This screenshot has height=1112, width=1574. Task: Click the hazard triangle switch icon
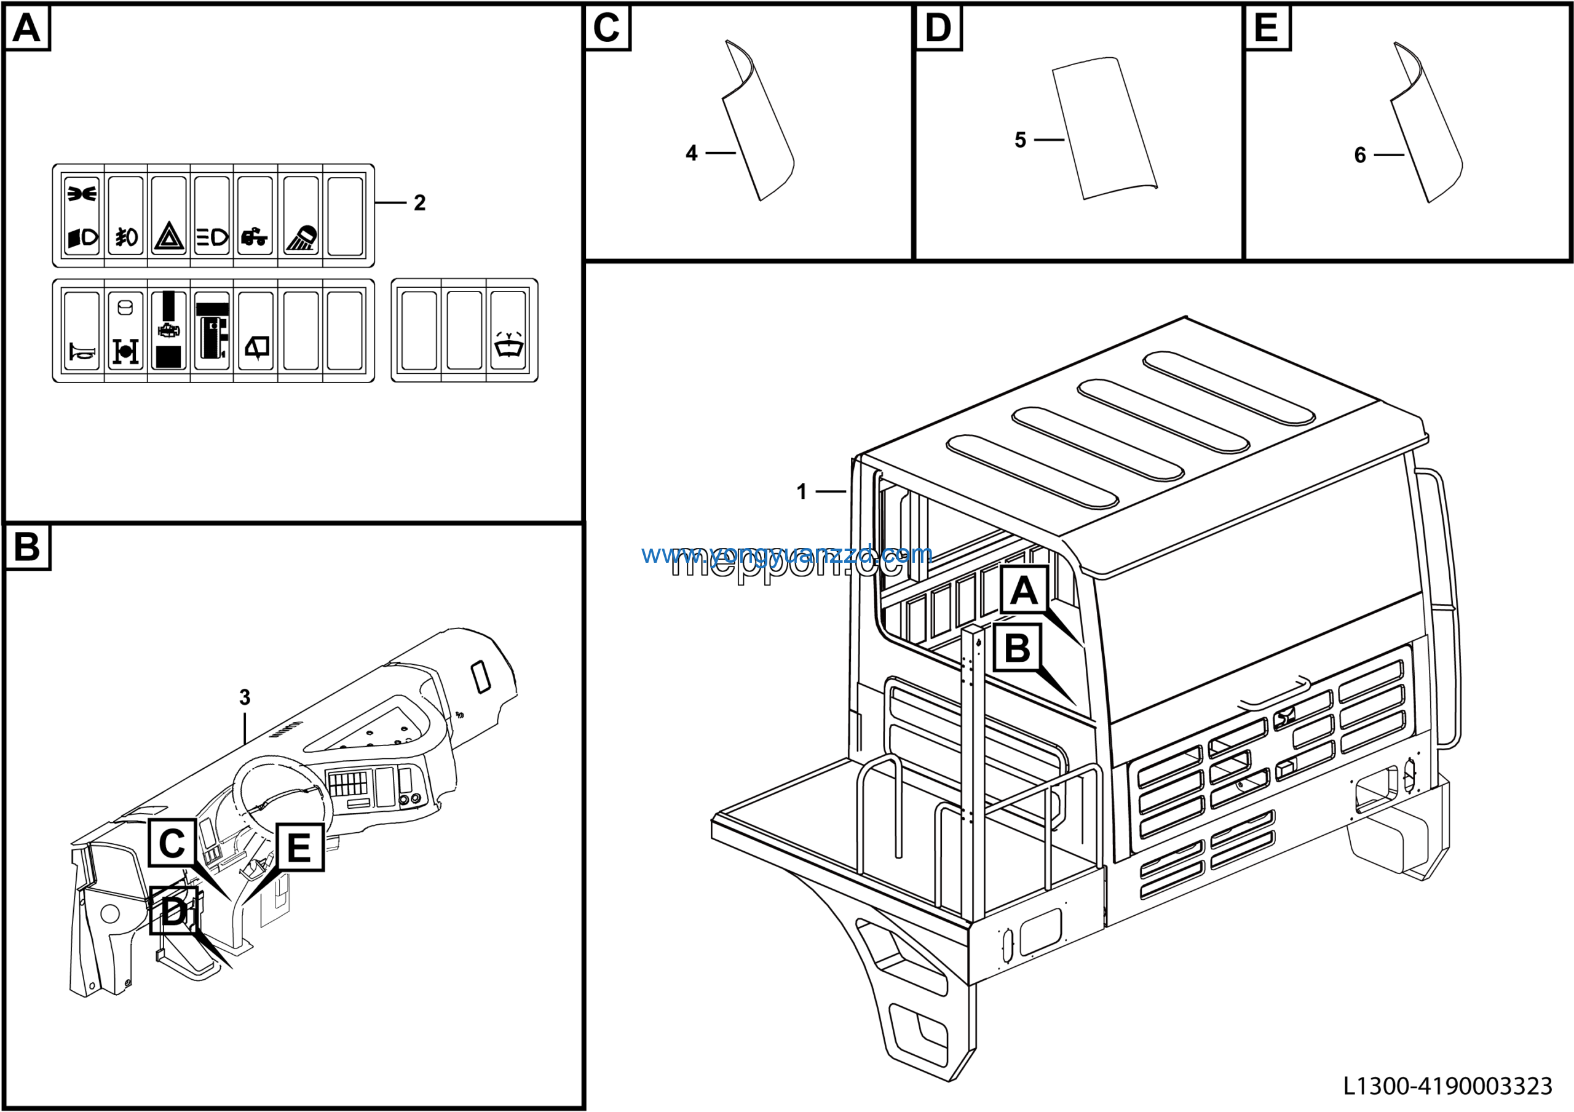(168, 237)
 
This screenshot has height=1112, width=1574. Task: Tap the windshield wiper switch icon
(508, 345)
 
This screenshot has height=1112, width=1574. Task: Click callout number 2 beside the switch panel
(419, 203)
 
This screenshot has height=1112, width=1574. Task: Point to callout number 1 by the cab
(801, 491)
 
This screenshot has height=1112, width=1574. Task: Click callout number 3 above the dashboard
(245, 698)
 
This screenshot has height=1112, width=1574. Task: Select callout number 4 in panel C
(691, 153)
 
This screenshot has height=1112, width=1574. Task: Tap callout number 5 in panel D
(1020, 141)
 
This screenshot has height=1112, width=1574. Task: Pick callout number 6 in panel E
(1360, 156)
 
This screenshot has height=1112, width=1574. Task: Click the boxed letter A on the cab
(1024, 590)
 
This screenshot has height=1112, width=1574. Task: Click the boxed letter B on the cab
(1017, 648)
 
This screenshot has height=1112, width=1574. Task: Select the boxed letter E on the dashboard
(299, 848)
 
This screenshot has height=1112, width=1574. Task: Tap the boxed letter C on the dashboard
(172, 843)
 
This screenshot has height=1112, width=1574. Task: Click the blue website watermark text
(786, 554)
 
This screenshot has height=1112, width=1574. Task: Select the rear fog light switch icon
(126, 237)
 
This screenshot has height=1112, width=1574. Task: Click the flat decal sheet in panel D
(1104, 129)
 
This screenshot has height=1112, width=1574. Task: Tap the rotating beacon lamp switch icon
(301, 237)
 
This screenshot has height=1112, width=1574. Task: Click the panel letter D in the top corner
(938, 29)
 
